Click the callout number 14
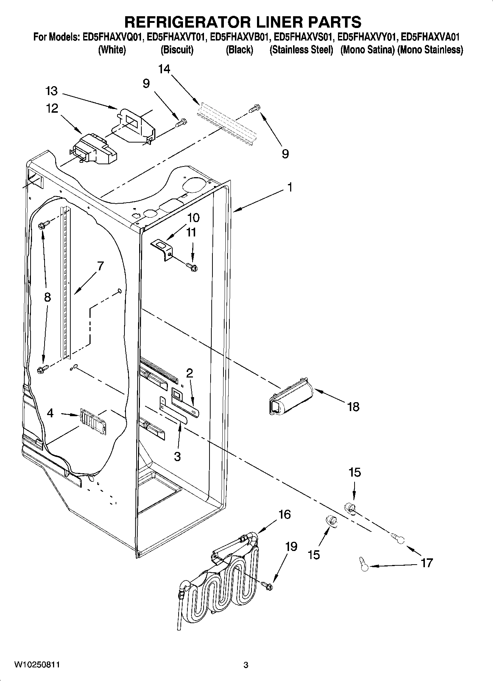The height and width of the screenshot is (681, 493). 164,69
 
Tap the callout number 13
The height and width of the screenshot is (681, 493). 52,91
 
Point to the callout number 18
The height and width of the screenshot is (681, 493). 353,407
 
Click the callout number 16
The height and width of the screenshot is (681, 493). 285,514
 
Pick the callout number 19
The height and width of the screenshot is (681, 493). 291,547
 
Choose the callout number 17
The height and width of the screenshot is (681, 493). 427,563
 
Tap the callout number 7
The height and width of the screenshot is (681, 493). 100,266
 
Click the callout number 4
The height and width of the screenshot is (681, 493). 50,413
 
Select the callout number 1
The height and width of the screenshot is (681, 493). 290,187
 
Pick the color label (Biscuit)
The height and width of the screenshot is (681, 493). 177,50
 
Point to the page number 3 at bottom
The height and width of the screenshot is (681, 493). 246,665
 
